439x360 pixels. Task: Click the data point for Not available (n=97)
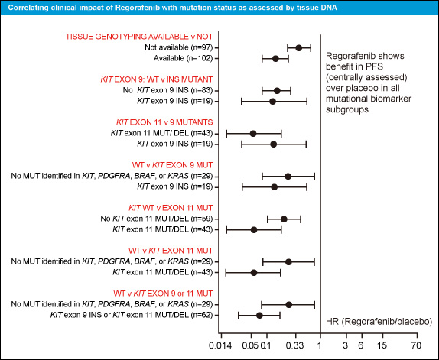pyautogui.click(x=299, y=48)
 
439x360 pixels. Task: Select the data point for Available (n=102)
pyautogui.click(x=275, y=58)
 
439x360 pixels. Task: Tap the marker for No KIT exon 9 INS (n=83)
pyautogui.click(x=277, y=91)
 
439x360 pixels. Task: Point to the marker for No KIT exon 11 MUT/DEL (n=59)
pyautogui.click(x=284, y=219)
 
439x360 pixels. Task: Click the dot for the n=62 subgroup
pyautogui.click(x=259, y=316)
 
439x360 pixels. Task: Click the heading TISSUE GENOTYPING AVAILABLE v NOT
pyautogui.click(x=139, y=37)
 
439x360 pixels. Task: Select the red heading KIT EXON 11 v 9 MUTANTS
pyautogui.click(x=164, y=122)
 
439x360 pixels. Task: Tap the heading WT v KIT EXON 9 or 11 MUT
pyautogui.click(x=163, y=294)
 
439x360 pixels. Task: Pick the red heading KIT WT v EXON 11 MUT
pyautogui.click(x=171, y=208)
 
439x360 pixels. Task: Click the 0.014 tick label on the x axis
pyautogui.click(x=220, y=345)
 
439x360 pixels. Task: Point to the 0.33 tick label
pyautogui.click(x=295, y=345)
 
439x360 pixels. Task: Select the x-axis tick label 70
pyautogui.click(x=417, y=345)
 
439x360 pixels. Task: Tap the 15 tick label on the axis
pyautogui.click(x=382, y=345)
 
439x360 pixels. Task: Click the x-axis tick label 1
pyautogui.click(x=320, y=345)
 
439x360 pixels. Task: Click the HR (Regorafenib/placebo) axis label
pyautogui.click(x=379, y=322)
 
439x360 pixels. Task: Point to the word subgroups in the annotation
pyautogui.click(x=347, y=109)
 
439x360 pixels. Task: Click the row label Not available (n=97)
pyautogui.click(x=179, y=47)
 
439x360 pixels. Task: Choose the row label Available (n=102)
pyautogui.click(x=183, y=58)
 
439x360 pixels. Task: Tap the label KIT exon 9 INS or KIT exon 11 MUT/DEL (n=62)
pyautogui.click(x=132, y=315)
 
